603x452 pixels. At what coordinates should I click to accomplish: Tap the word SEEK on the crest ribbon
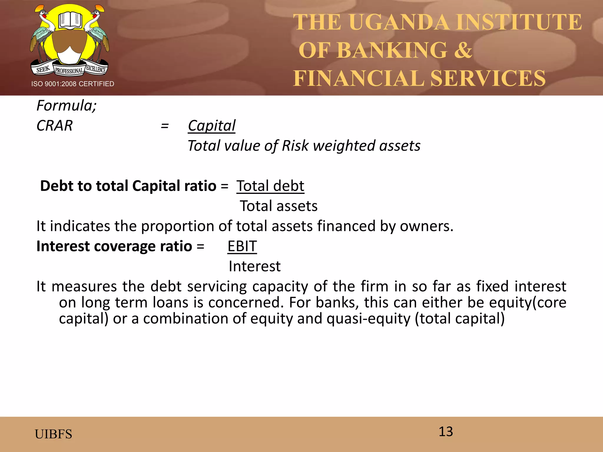tap(43, 69)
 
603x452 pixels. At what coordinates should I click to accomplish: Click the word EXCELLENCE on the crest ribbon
tap(96, 69)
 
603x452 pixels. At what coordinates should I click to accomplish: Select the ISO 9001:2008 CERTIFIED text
tap(73, 84)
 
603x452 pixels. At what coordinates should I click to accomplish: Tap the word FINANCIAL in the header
tap(359, 78)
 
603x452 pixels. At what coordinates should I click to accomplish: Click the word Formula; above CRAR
tap(67, 105)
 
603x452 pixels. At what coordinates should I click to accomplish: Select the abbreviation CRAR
tap(54, 126)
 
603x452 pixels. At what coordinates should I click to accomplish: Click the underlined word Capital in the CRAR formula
tap(212, 126)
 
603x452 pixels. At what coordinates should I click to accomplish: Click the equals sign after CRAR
tap(165, 126)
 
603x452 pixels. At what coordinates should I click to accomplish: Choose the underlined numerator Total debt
tap(270, 186)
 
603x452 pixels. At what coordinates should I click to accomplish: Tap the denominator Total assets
tap(279, 206)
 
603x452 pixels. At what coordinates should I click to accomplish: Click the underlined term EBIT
tap(242, 246)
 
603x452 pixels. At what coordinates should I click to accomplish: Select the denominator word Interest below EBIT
tap(254, 266)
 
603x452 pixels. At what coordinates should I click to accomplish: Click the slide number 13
tap(446, 431)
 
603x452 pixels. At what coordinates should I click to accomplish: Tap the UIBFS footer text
tap(53, 434)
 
